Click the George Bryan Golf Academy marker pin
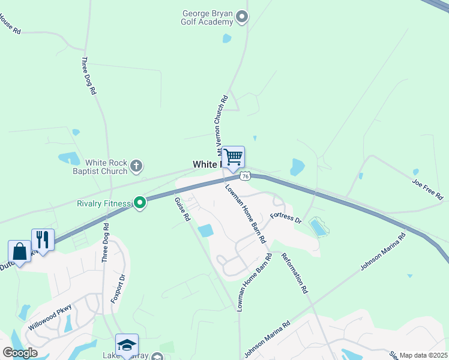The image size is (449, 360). pos(242,16)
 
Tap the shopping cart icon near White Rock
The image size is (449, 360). pos(234,158)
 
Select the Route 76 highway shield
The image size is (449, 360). pos(244,176)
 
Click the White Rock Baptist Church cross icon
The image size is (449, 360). pos(137,166)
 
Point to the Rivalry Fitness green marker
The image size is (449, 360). pos(140,203)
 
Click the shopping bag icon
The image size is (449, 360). pos(19,251)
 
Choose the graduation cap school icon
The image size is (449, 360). pos(127,345)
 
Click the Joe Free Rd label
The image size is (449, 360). pos(427,188)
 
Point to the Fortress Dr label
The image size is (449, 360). pos(285,217)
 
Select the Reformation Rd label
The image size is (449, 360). pos(294,272)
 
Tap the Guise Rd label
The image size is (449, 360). pos(182,209)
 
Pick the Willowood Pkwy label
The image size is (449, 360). pos(50,317)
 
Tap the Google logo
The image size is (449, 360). pos(20,353)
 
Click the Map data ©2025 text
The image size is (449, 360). pos(423,355)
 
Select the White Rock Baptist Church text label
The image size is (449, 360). pos(106,167)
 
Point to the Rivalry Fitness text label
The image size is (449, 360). pos(103,203)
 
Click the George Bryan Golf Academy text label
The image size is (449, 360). pos(206,17)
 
